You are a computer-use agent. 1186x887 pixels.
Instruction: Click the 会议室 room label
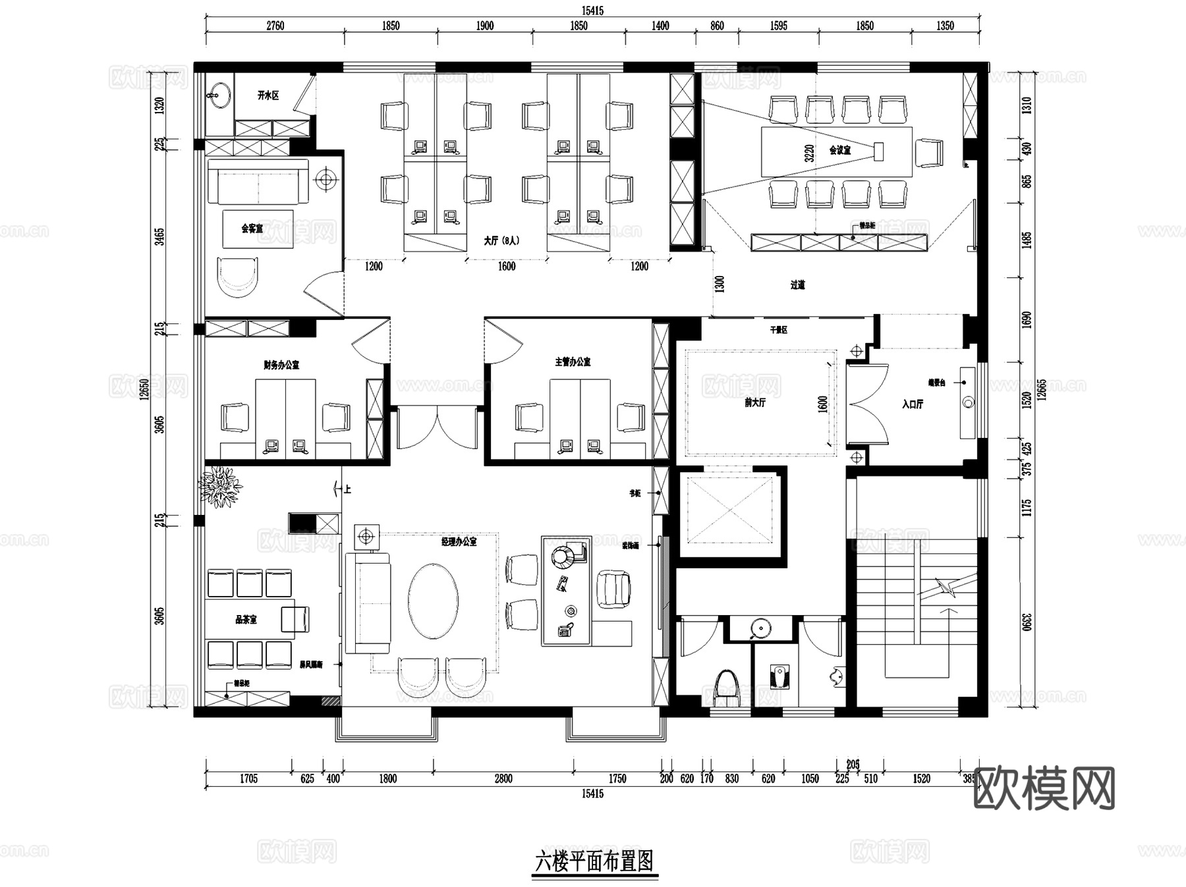tap(839, 150)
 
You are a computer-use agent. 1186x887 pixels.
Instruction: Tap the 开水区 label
tap(268, 95)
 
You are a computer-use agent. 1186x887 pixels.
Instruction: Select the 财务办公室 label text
tap(281, 364)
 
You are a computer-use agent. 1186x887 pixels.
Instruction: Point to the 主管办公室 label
tap(572, 362)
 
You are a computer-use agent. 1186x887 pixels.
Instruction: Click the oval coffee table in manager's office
tap(433, 600)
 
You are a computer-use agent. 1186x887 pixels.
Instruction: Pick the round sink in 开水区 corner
tap(219, 95)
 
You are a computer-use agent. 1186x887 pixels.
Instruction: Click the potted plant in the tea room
tap(221, 487)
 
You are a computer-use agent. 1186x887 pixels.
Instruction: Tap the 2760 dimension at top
tap(275, 26)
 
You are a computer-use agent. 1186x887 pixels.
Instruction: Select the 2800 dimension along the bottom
tap(503, 778)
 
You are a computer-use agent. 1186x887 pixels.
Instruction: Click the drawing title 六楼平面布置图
tap(594, 861)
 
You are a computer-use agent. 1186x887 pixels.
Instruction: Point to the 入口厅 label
tap(913, 404)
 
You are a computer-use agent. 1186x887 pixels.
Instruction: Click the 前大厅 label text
tap(754, 402)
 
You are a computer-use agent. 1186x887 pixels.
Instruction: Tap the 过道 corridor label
tap(797, 285)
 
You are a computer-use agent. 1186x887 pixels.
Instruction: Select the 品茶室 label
tap(246, 620)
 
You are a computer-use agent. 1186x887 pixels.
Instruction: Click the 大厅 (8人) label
tap(501, 240)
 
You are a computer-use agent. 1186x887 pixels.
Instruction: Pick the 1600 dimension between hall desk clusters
tap(506, 266)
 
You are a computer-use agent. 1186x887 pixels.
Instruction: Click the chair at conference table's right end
tap(930, 152)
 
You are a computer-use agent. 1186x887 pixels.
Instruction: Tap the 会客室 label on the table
tap(252, 228)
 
